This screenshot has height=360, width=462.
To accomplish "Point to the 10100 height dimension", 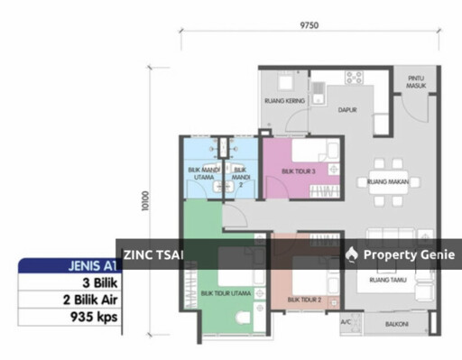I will pyautogui.click(x=145, y=200).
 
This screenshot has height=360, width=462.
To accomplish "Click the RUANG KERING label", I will pyautogui.click(x=280, y=100).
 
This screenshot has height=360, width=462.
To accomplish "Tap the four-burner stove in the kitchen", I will pyautogui.click(x=353, y=77).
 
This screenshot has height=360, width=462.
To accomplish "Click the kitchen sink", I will pyautogui.click(x=319, y=89).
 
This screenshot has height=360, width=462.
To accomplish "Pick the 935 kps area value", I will pyautogui.click(x=95, y=317).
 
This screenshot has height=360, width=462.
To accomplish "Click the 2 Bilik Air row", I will pyautogui.click(x=88, y=300).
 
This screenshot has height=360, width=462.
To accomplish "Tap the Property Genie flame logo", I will pyautogui.click(x=351, y=254).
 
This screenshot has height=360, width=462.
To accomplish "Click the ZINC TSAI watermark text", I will pyautogui.click(x=153, y=254).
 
